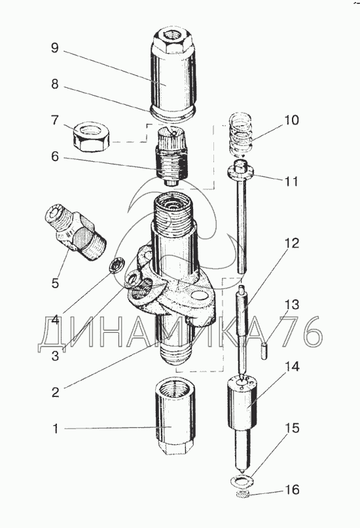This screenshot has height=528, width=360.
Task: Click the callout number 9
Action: (55, 47)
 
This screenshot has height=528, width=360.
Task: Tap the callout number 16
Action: (292, 490)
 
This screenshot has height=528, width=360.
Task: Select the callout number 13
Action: (292, 305)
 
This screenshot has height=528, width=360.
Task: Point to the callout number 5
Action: (55, 283)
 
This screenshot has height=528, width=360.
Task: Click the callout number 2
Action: (55, 392)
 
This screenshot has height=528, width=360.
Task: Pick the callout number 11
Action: (291, 181)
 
